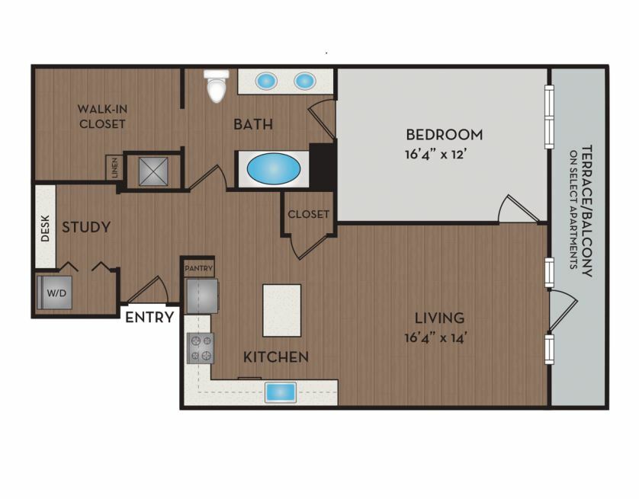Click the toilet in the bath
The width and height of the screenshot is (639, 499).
[217, 86]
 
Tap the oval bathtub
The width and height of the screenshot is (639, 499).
[274, 169]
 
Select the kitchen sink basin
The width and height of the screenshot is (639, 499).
[281, 392]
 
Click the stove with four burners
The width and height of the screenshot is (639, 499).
[201, 348]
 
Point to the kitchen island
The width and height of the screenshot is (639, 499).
[282, 311]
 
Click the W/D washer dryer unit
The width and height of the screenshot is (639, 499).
[55, 293]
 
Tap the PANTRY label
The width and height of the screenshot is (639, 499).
[198, 269]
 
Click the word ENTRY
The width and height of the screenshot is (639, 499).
[149, 317]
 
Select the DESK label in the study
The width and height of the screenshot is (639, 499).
[45, 229]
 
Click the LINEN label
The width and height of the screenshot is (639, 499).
[115, 168]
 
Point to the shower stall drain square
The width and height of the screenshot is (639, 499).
[153, 171]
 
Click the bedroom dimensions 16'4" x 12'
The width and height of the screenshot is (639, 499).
[435, 155]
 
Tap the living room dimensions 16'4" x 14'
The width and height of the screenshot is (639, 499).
[435, 337]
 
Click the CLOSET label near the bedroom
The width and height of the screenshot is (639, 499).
[309, 214]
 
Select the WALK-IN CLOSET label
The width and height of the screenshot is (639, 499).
[102, 117]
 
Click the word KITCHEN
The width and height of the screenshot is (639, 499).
[276, 357]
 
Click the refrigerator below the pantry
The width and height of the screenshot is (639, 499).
[202, 296]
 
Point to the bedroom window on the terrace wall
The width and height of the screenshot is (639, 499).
[549, 117]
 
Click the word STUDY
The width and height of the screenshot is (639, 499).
[86, 227]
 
